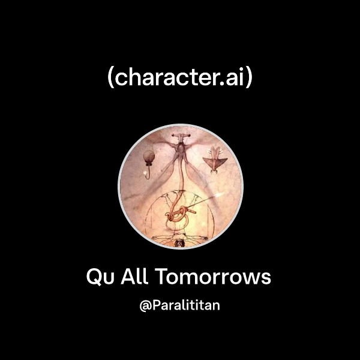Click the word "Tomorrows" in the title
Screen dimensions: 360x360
213,278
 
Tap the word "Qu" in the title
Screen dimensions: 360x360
99,278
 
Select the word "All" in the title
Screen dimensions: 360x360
131,278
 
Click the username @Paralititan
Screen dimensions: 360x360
180,305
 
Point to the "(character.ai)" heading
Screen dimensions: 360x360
180,79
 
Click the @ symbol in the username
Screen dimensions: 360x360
144,306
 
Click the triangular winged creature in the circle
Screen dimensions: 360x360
214,160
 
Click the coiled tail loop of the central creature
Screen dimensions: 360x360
178,211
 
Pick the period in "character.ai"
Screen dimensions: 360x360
229,85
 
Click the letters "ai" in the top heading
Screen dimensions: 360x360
238,79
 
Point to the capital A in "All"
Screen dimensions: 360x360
125,278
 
